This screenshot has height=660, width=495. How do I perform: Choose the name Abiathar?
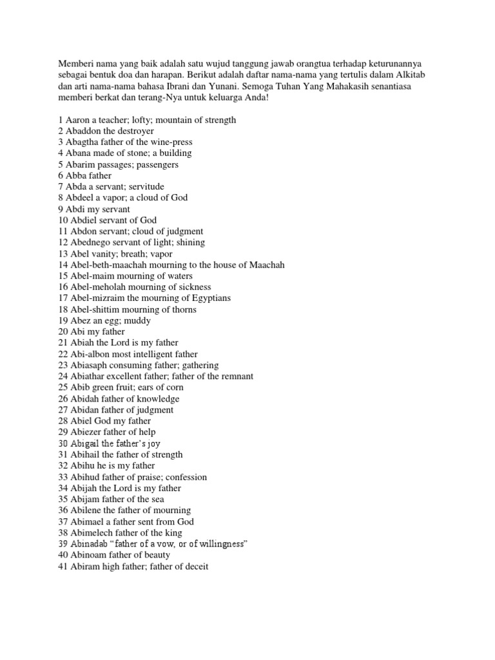tap(90, 376)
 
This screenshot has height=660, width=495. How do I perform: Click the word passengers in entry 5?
tap(155, 164)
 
